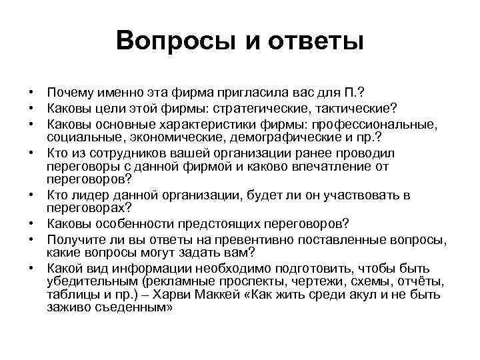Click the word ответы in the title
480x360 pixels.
click(x=316, y=42)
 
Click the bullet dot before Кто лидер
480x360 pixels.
click(x=31, y=195)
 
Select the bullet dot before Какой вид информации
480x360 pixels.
click(x=31, y=267)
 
